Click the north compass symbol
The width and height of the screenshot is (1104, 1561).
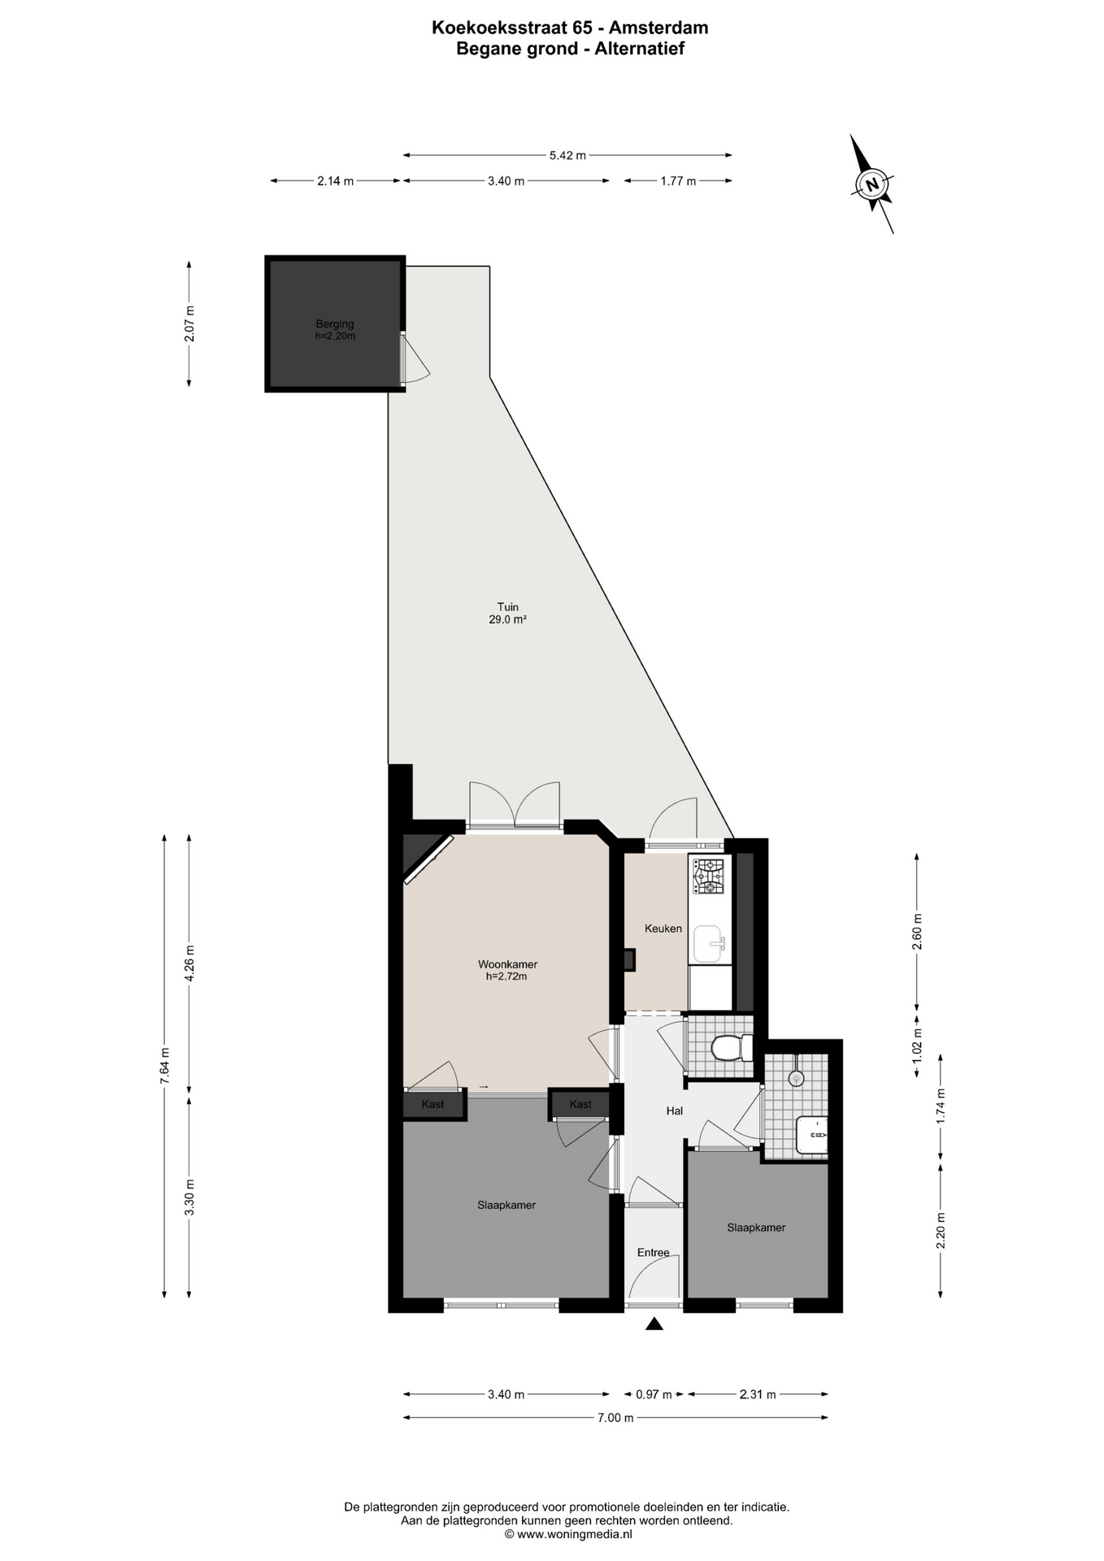872,184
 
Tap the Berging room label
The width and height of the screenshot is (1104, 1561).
335,324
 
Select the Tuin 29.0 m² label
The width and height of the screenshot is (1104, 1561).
509,613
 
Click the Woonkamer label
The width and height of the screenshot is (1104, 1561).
507,965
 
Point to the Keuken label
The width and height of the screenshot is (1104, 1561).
663,928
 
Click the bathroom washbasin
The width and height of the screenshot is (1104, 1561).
812,1135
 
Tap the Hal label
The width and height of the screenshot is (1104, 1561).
674,1111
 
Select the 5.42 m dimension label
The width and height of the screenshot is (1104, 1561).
567,155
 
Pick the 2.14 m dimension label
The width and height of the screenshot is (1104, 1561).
335,181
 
